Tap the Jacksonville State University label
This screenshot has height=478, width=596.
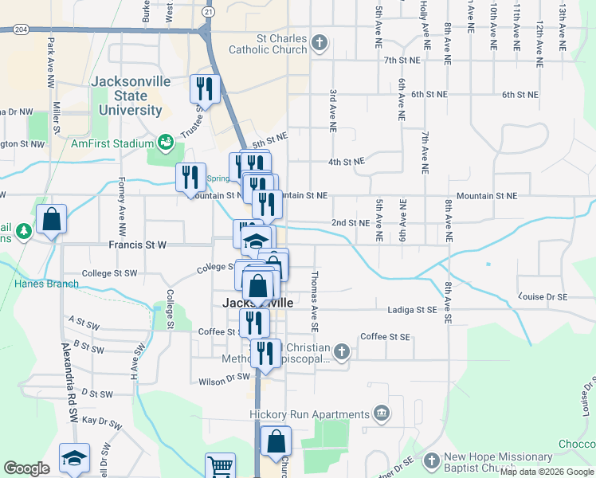(127, 96)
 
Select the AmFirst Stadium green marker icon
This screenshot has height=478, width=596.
(166, 143)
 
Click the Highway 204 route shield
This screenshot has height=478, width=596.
(20, 29)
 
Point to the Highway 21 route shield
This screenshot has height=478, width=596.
(208, 13)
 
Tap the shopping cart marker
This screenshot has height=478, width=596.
(220, 466)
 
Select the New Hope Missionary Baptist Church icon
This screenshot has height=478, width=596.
(431, 462)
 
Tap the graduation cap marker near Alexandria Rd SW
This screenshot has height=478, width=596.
(74, 458)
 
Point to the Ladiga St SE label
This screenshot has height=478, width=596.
(413, 309)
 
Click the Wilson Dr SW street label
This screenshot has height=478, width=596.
(224, 378)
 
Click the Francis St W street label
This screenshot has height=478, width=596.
(137, 245)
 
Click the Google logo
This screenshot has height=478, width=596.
(26, 468)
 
